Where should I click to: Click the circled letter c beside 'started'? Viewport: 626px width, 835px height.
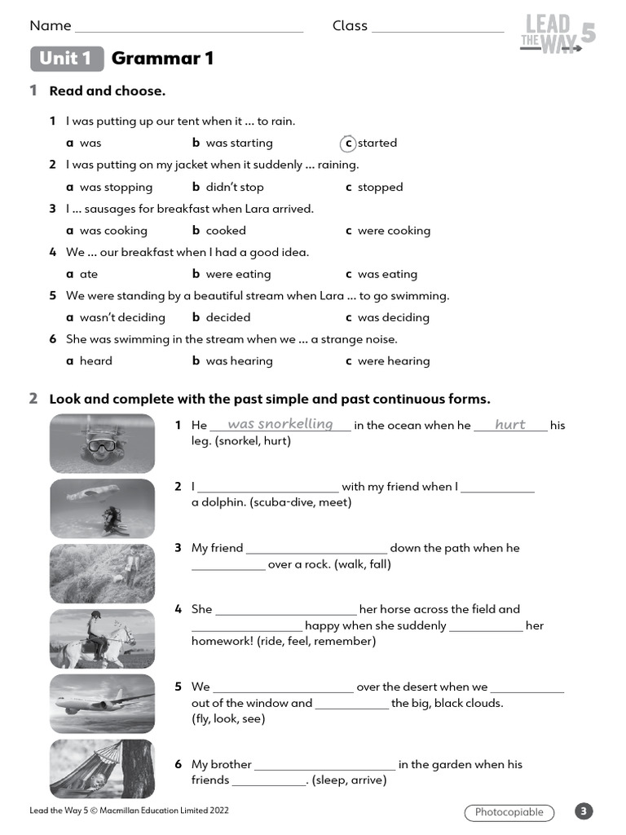click(348, 144)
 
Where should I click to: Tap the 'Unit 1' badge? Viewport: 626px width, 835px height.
click(67, 59)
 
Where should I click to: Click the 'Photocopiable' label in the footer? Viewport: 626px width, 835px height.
click(509, 812)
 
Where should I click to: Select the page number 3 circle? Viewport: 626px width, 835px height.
click(584, 811)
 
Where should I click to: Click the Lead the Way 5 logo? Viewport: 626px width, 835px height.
click(557, 35)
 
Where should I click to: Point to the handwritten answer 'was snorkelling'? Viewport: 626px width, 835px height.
click(280, 424)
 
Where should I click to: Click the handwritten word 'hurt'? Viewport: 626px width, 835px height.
click(510, 425)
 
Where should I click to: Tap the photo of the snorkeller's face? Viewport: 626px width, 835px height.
click(102, 444)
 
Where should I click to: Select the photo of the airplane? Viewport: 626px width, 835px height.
click(102, 704)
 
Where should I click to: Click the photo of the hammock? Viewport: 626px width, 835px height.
click(102, 769)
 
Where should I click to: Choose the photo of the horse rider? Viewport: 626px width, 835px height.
click(102, 638)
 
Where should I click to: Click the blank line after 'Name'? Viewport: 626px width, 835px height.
click(188, 28)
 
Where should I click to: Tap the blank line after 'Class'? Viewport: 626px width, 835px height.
click(438, 28)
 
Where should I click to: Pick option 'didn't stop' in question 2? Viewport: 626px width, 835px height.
click(234, 188)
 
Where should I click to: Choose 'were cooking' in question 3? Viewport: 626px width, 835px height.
click(393, 231)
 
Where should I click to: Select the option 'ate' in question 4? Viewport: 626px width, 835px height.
click(88, 275)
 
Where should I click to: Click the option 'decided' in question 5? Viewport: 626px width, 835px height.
click(227, 318)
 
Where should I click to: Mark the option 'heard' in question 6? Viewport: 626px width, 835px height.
click(95, 361)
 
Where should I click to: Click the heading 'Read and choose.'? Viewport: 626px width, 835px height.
click(107, 91)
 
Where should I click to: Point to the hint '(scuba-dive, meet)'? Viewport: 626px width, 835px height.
click(271, 502)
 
